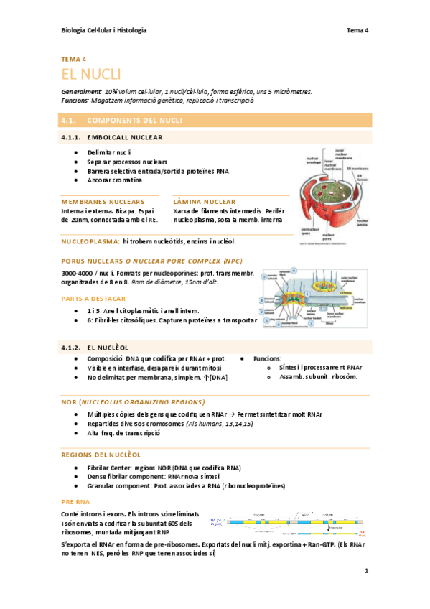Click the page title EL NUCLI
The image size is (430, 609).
click(91, 74)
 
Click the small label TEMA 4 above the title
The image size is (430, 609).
click(74, 59)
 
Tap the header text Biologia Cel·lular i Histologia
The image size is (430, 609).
click(104, 30)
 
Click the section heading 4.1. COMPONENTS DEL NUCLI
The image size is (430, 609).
click(122, 121)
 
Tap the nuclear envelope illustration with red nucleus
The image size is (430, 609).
click(329, 197)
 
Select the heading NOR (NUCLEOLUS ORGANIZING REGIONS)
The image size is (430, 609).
click(133, 401)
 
